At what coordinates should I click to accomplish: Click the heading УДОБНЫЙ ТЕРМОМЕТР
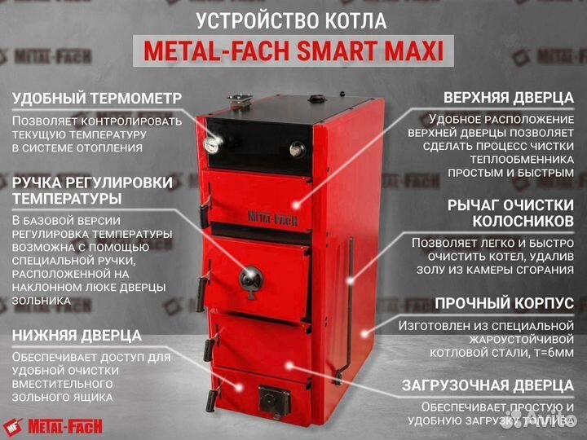tap(97, 99)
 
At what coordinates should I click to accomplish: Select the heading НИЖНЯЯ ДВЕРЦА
tap(77, 335)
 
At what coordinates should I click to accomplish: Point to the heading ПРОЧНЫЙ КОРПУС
tap(504, 303)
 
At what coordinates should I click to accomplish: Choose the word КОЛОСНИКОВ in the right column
tap(523, 221)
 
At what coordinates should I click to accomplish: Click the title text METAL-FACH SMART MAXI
tap(293, 51)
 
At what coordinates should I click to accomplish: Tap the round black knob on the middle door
tap(250, 277)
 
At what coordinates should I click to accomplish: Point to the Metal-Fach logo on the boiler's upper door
tap(271, 217)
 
